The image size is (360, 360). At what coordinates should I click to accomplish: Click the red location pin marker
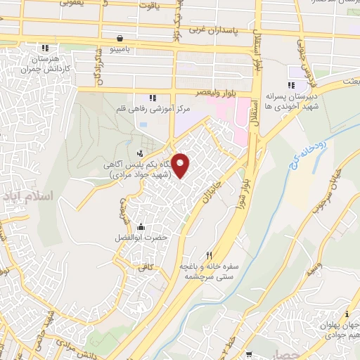tap(181, 165)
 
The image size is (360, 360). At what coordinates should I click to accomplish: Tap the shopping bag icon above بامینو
tap(122, 38)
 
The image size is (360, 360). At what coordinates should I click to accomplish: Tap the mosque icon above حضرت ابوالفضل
tap(141, 226)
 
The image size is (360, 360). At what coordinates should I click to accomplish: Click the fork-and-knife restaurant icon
tap(208, 255)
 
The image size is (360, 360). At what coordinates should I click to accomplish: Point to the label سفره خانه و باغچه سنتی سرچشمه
tap(209, 272)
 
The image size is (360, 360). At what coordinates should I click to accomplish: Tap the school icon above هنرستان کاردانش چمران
tap(46, 48)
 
